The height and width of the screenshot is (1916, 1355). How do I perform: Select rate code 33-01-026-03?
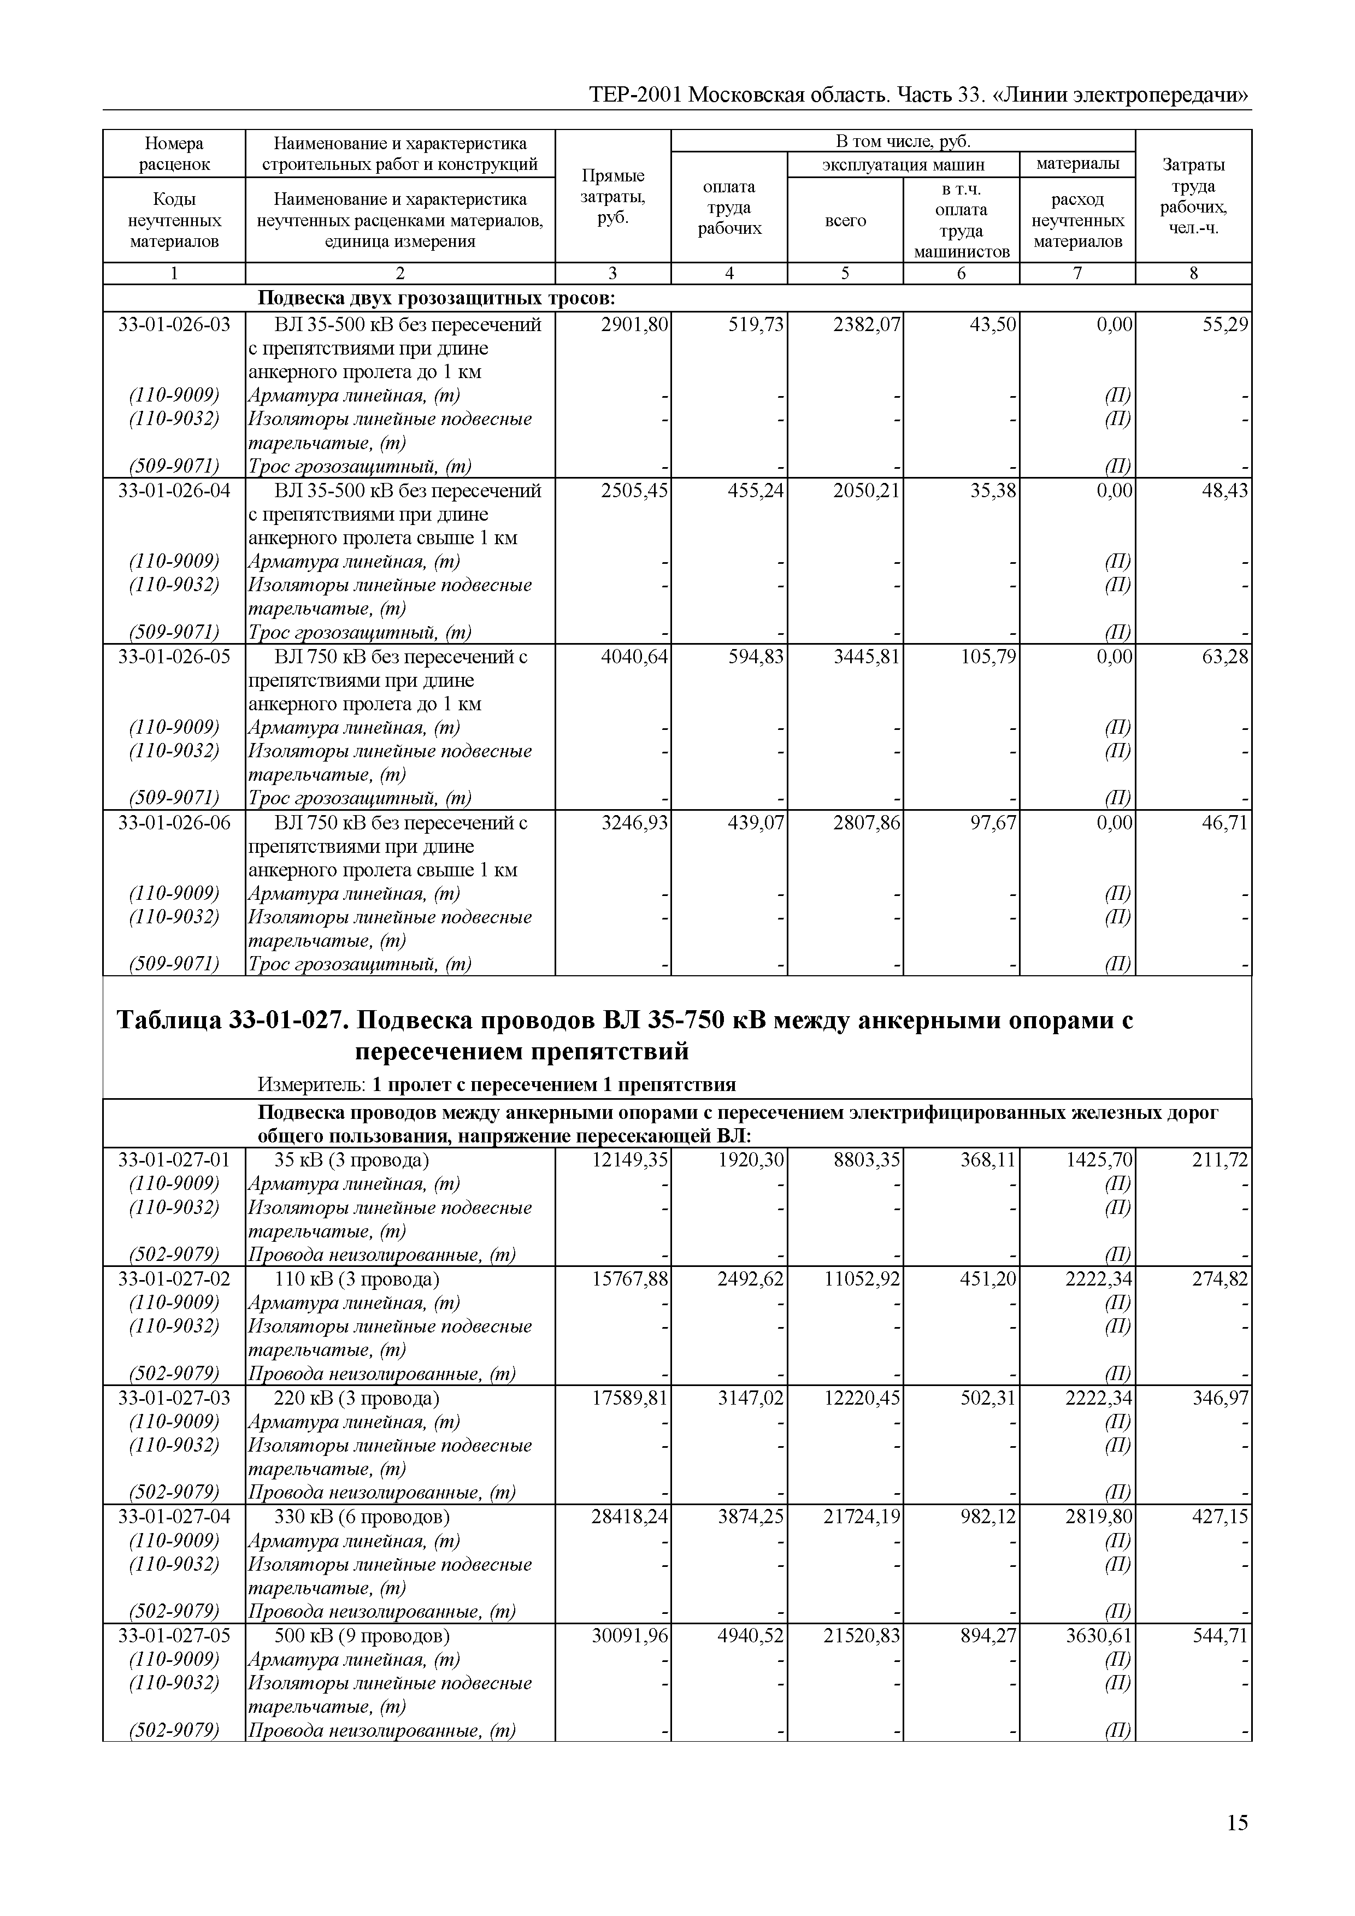coord(174,325)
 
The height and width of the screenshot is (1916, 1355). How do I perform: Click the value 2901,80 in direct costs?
coord(634,325)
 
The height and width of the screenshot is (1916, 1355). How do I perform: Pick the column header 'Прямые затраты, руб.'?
coord(612,197)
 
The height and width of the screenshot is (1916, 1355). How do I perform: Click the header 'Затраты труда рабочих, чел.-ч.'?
coord(1193,197)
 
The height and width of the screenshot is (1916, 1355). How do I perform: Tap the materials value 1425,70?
coord(1099,1160)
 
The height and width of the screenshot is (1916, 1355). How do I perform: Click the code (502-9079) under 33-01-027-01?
coord(174,1254)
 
